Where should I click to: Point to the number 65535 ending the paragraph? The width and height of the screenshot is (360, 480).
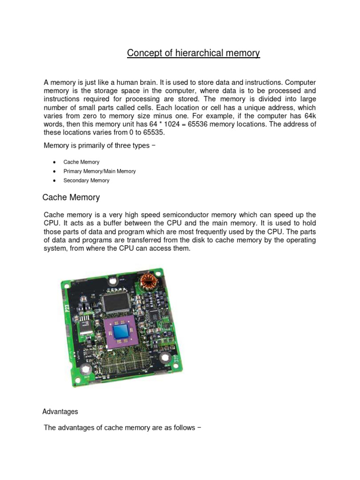(x=153, y=133)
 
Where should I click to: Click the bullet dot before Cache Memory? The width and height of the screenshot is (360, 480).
(x=54, y=162)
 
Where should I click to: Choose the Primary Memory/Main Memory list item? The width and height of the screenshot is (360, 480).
(x=99, y=171)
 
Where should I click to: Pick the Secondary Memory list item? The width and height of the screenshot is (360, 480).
(x=86, y=180)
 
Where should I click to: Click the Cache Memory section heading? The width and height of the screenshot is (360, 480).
(x=71, y=197)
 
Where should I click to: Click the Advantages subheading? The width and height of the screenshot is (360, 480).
(x=60, y=412)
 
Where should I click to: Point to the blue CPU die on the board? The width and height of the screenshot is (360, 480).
(x=123, y=331)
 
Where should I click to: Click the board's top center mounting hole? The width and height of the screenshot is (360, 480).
(x=112, y=282)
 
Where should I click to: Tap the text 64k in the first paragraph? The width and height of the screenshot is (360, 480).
(x=309, y=116)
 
